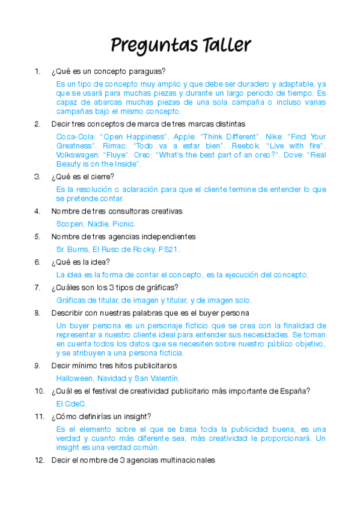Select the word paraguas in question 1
[150, 72]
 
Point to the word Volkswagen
[77, 155]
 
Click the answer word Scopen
[70, 224]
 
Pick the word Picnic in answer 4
[123, 224]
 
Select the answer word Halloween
[75, 378]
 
